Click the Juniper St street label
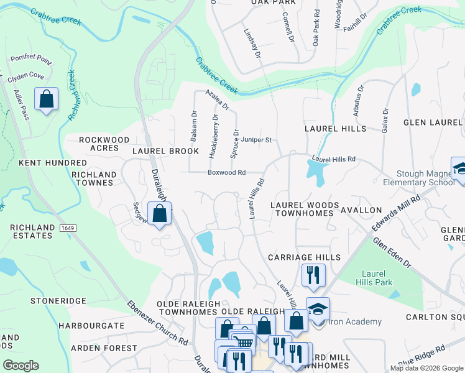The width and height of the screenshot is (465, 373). click(x=257, y=140)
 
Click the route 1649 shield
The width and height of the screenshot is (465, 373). click(x=68, y=229)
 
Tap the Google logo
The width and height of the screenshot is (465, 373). click(x=21, y=366)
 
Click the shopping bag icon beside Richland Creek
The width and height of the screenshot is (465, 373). click(x=46, y=99)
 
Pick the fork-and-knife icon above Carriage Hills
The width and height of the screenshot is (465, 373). click(x=313, y=274)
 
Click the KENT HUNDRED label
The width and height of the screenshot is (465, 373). click(x=43, y=163)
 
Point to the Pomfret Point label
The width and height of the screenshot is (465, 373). click(x=30, y=60)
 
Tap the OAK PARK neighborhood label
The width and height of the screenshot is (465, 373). click(x=272, y=2)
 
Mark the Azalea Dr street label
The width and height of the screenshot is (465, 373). click(x=218, y=99)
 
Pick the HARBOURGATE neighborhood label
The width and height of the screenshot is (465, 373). click(x=91, y=326)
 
